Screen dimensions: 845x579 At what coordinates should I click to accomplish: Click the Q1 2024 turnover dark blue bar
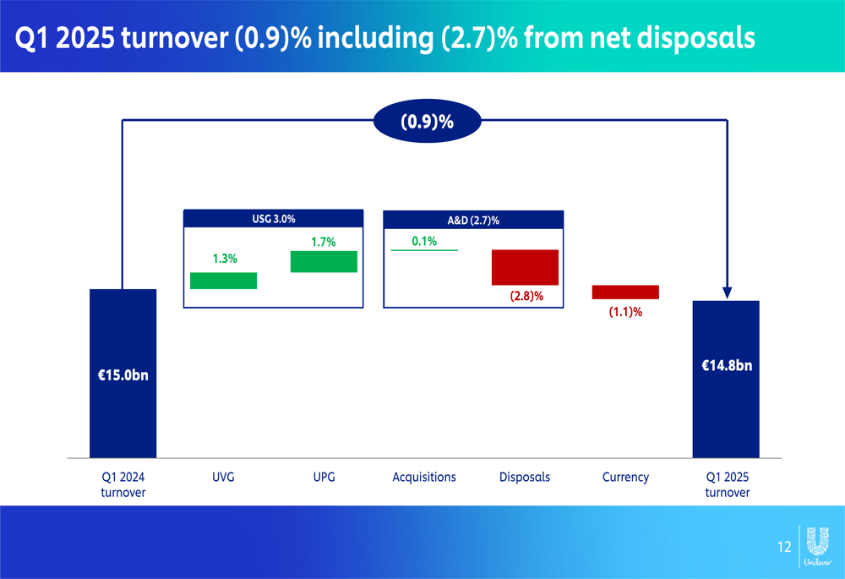[x=123, y=373]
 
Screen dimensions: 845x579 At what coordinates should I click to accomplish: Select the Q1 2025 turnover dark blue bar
[x=726, y=379]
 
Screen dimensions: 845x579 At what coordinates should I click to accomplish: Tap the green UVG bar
[x=224, y=281]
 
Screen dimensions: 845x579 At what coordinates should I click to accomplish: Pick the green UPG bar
[x=324, y=261]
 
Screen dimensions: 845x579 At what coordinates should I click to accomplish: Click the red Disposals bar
[x=525, y=267]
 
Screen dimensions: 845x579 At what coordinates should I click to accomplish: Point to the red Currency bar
[x=625, y=292]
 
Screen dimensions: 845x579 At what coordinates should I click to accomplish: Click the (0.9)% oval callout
[x=428, y=121]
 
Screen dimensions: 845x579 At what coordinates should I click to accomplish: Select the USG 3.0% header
[x=273, y=219]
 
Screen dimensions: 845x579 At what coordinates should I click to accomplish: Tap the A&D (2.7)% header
[x=473, y=220]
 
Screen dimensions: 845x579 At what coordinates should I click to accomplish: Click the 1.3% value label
[x=225, y=259]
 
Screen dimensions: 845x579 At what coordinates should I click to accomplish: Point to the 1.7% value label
[x=324, y=242]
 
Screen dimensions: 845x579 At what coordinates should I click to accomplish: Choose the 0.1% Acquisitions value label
[x=424, y=241]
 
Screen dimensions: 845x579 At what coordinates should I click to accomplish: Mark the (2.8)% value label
[x=526, y=296]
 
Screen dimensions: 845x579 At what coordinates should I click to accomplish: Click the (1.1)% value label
[x=625, y=312]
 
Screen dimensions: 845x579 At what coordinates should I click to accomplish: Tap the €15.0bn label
[x=123, y=375]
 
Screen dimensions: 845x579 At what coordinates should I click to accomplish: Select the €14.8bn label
[x=727, y=365]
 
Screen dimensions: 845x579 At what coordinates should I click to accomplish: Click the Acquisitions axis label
[x=424, y=477]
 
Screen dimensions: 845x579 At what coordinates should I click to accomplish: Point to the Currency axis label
[x=625, y=477]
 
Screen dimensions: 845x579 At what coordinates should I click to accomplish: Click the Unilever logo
[x=817, y=546]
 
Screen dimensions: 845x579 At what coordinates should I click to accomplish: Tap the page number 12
[x=784, y=547]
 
